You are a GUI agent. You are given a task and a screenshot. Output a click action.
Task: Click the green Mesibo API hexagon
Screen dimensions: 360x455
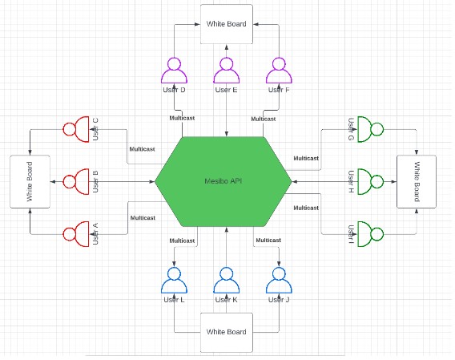pyautogui.click(x=225, y=182)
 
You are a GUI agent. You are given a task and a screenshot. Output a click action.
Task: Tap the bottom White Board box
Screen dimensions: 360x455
pyautogui.click(x=226, y=331)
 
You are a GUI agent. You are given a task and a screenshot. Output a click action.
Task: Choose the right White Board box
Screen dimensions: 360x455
pyautogui.click(x=417, y=181)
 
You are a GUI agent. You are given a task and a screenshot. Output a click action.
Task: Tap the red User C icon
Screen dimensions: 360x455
pyautogui.click(x=75, y=130)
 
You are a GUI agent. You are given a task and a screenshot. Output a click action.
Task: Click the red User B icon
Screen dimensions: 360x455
pyautogui.click(x=75, y=182)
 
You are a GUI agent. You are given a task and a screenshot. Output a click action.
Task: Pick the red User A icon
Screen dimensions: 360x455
pyautogui.click(x=75, y=234)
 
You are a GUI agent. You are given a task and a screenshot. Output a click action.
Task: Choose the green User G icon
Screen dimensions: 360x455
pyautogui.click(x=369, y=129)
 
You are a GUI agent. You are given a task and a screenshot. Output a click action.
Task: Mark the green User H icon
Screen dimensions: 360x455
pyautogui.click(x=369, y=181)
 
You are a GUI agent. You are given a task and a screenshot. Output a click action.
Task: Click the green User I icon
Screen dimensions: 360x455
pyautogui.click(x=369, y=233)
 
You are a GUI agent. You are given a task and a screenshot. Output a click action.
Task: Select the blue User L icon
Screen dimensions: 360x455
pyautogui.click(x=174, y=281)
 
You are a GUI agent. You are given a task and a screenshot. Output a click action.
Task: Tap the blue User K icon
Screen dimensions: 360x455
pyautogui.click(x=226, y=281)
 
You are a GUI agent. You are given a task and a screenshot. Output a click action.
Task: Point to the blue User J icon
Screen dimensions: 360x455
pyautogui.click(x=279, y=281)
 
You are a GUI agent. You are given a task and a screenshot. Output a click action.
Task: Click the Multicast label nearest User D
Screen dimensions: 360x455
pyautogui.click(x=182, y=119)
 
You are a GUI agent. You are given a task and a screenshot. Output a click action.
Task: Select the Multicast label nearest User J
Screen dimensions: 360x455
pyautogui.click(x=268, y=241)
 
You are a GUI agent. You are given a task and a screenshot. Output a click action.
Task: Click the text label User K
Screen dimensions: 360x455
pyautogui.click(x=226, y=300)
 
